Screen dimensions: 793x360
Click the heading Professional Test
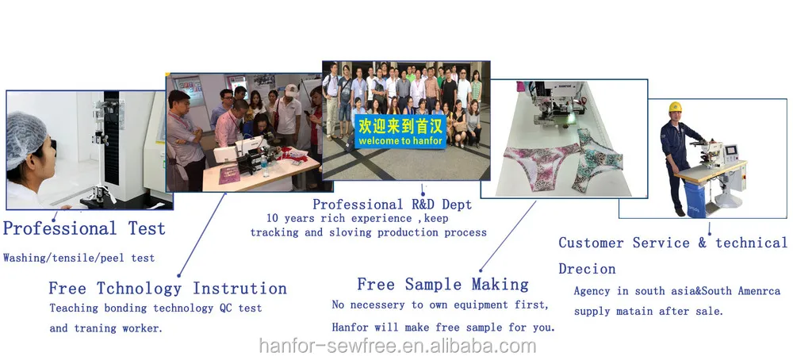pyautogui.click(x=84, y=228)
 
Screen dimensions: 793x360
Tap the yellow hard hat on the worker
pyautogui.click(x=675, y=107)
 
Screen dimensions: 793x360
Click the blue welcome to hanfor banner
pyautogui.click(x=400, y=132)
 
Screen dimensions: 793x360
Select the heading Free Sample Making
pyautogui.click(x=442, y=284)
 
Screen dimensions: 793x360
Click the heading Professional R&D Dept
pyautogui.click(x=392, y=205)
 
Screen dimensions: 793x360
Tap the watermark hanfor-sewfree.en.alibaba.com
pyautogui.click(x=397, y=347)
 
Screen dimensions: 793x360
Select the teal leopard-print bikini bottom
pyautogui.click(x=597, y=159)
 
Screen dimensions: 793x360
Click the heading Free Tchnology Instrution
pyautogui.click(x=167, y=289)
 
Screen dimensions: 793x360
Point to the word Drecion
pyautogui.click(x=587, y=269)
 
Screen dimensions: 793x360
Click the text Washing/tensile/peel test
pyautogui.click(x=79, y=258)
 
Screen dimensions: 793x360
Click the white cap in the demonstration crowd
pyautogui.click(x=291, y=90)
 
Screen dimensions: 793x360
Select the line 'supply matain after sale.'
pyautogui.click(x=649, y=312)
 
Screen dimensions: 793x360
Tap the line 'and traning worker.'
pyautogui.click(x=106, y=328)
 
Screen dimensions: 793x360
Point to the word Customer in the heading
pyautogui.click(x=592, y=243)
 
